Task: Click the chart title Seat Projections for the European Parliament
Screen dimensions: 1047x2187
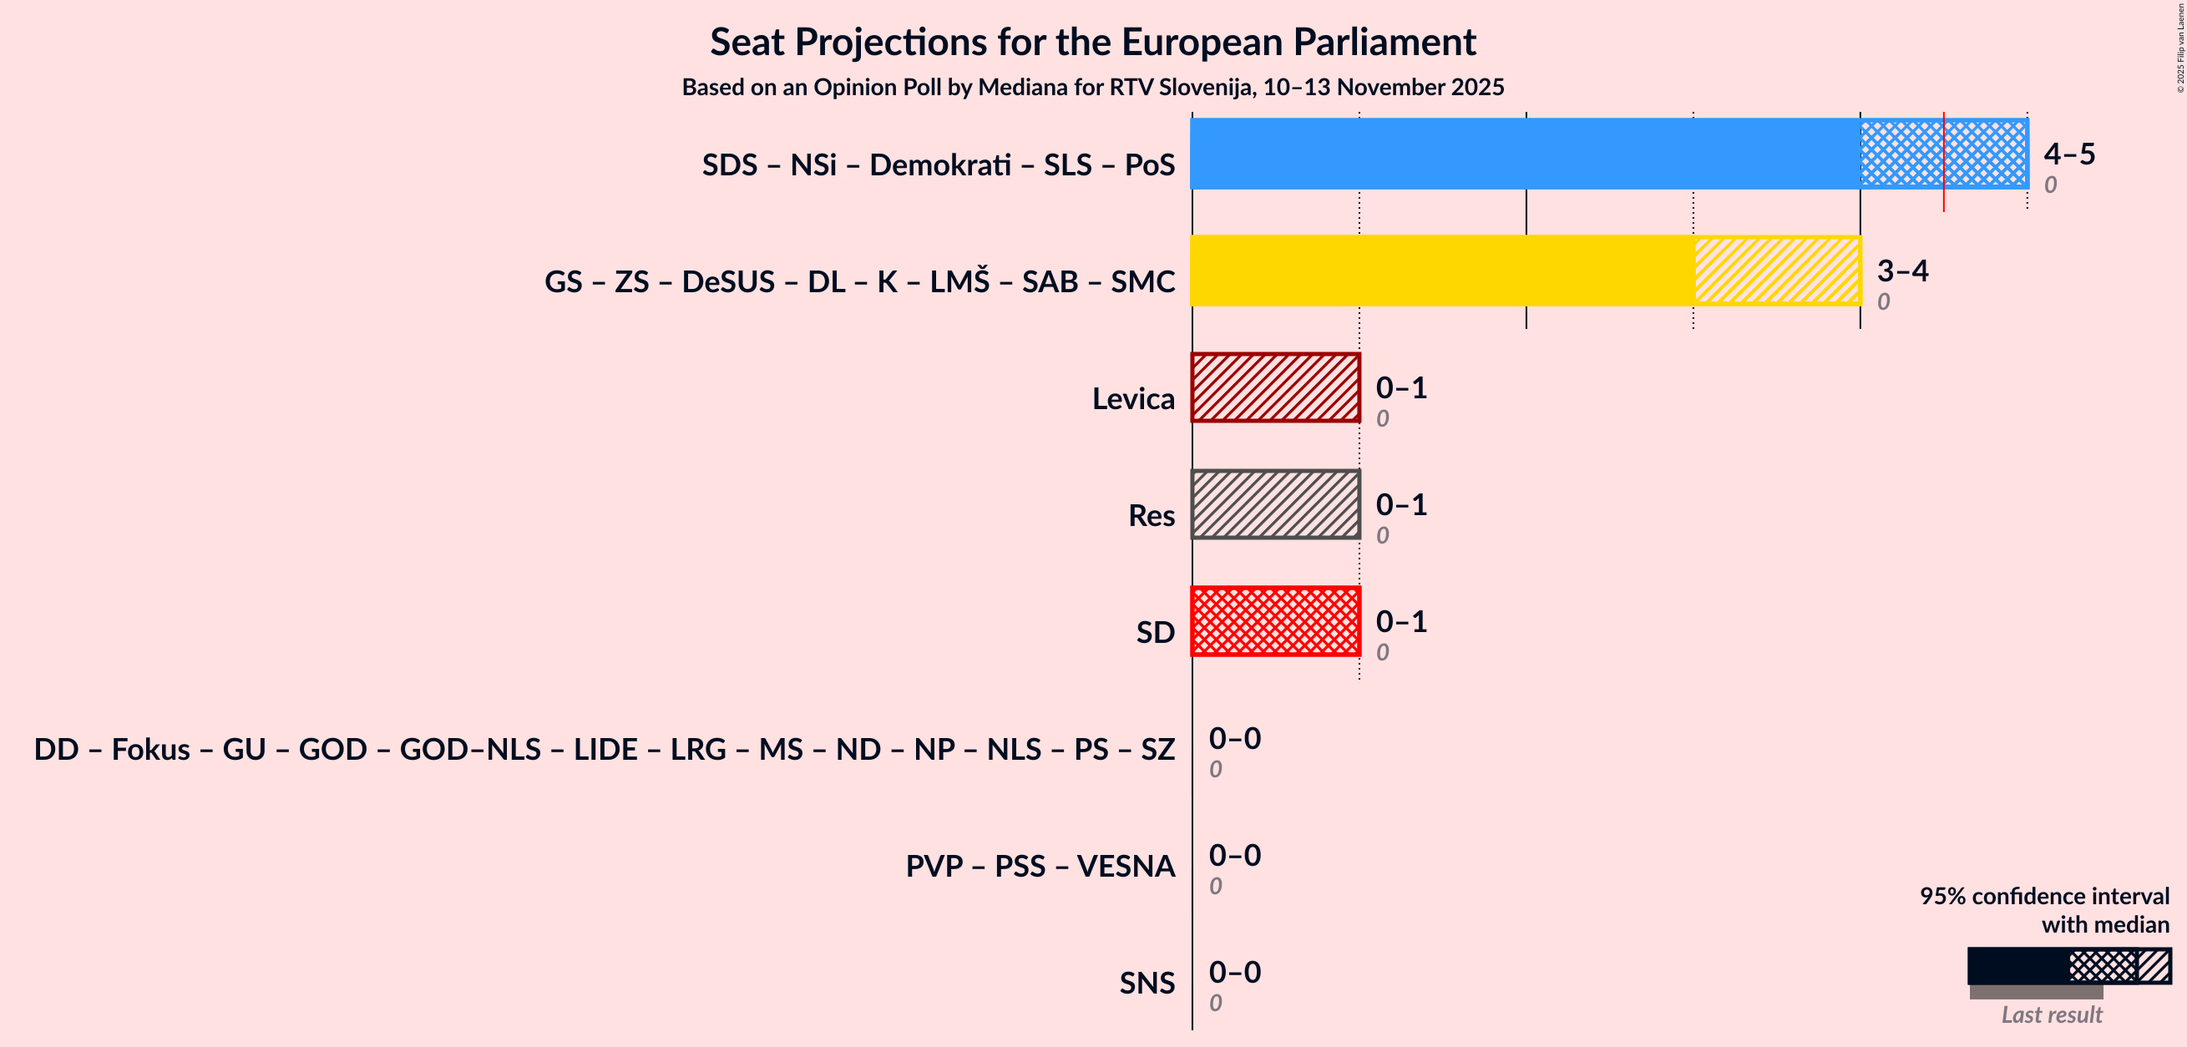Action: tap(1092, 43)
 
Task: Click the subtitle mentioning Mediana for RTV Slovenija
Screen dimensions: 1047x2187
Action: tap(1092, 88)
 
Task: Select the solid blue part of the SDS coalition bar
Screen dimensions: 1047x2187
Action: tap(1524, 154)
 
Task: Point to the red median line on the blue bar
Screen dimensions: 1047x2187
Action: tap(1943, 161)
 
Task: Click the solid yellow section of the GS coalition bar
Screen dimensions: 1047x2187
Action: tap(1441, 271)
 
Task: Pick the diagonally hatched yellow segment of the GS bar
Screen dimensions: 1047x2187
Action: tap(1777, 271)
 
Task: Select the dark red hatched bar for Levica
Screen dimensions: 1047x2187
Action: tap(1275, 388)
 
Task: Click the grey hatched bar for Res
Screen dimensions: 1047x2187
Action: tap(1275, 504)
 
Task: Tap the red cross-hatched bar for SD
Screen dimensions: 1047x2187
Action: tap(1275, 621)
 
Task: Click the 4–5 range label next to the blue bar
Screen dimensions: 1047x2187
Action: tap(2069, 154)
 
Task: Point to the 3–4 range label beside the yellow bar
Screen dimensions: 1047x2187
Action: tap(1901, 271)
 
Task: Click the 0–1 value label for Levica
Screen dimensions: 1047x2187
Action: tap(1401, 388)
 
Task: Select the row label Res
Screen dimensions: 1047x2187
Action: tap(1151, 515)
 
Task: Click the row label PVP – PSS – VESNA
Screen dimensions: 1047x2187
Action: tap(1039, 866)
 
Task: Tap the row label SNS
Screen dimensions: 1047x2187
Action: tap(1147, 984)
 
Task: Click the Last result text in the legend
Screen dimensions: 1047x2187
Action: tap(2051, 1014)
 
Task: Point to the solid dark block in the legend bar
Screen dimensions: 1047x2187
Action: tap(2017, 966)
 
